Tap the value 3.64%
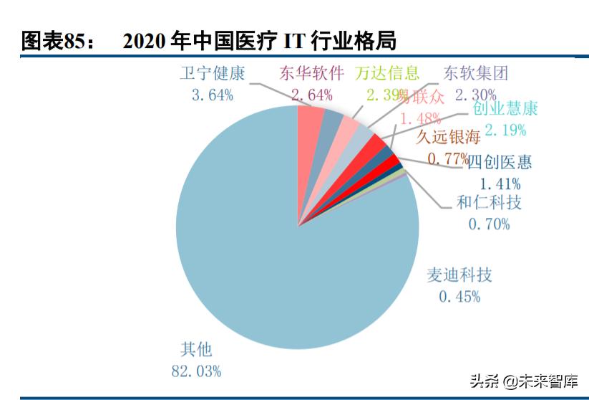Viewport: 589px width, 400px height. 212,95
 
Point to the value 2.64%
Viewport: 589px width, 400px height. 311,95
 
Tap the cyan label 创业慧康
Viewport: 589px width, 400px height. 505,109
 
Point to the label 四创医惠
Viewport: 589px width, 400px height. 500,162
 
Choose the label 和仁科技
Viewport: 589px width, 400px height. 489,203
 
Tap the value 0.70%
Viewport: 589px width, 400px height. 489,224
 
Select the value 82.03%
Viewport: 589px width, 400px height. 196,371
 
